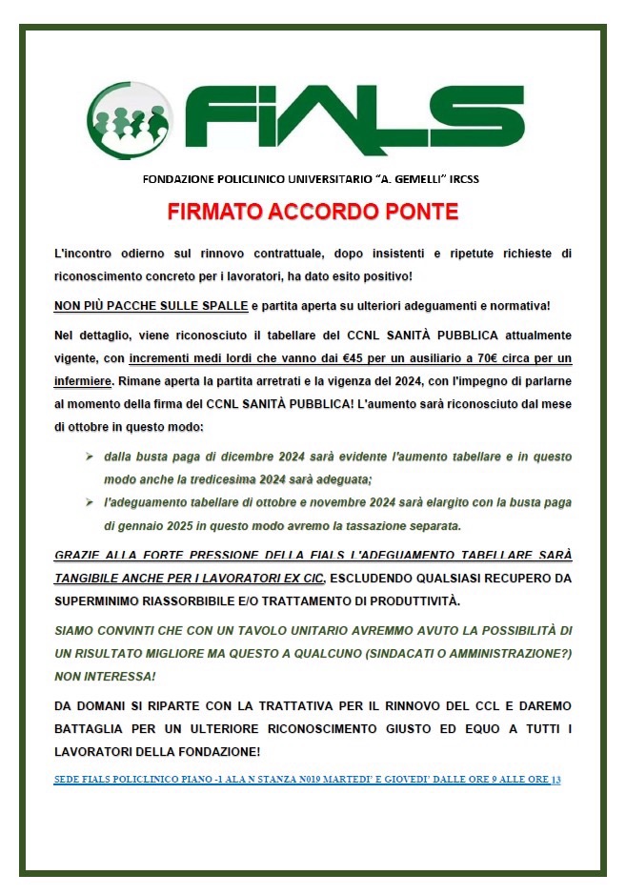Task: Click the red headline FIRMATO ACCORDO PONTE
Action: [x=313, y=212]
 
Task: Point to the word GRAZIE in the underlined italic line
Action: [x=80, y=555]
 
